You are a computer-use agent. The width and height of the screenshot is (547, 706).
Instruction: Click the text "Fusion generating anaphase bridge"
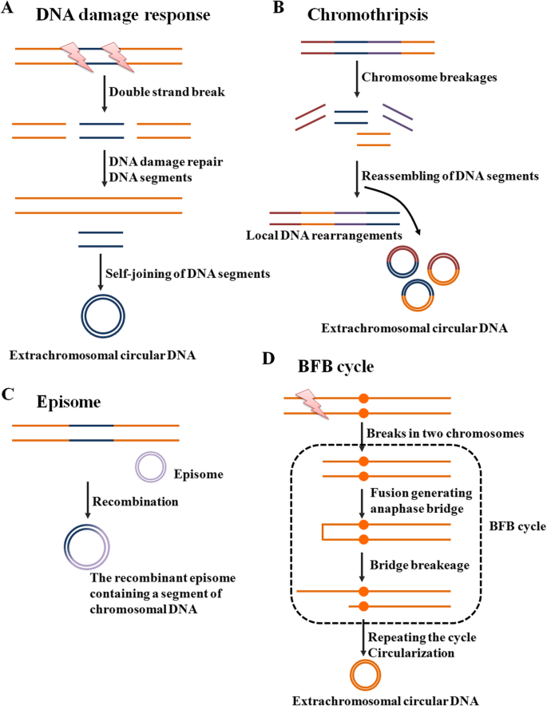423,501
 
